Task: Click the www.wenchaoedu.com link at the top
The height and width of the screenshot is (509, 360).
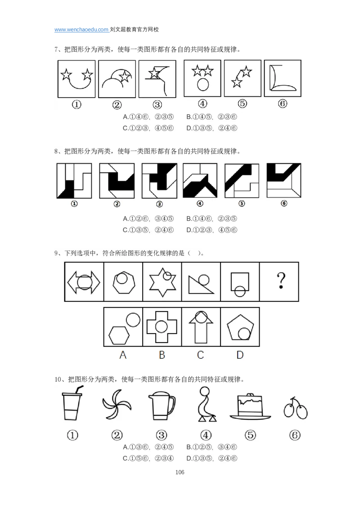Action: point(81,30)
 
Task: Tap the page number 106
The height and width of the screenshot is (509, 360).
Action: point(180,472)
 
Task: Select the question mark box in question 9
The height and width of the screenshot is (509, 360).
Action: point(279,282)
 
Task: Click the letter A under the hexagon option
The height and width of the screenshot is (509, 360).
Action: point(123,355)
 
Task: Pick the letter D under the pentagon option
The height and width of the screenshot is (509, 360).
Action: point(240,355)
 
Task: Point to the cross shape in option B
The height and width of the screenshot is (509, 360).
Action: point(162,326)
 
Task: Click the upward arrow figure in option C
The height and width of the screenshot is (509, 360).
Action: point(201,328)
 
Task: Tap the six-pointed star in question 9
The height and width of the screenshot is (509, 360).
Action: point(162,282)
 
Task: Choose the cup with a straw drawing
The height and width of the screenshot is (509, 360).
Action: point(72,403)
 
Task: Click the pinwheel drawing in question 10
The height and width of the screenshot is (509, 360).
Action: point(117,405)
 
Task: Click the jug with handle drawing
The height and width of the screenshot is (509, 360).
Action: point(162,406)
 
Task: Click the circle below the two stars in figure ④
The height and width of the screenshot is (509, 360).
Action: point(203,85)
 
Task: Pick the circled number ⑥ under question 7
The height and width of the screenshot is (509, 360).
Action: point(283,103)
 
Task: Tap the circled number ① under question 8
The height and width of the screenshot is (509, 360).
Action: point(74,204)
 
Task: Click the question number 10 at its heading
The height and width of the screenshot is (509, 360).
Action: point(58,379)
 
